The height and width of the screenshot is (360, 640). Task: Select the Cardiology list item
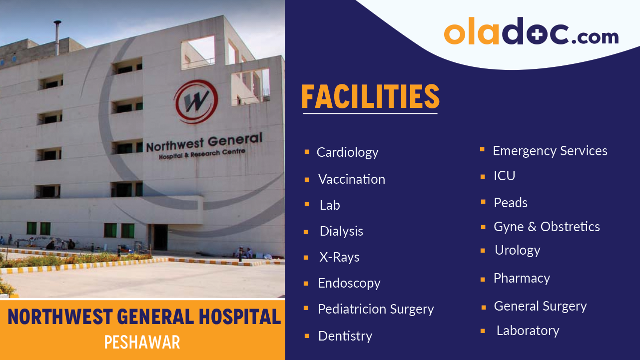pyautogui.click(x=347, y=152)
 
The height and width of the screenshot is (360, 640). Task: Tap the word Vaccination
pyautogui.click(x=352, y=179)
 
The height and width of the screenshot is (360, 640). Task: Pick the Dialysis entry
pyautogui.click(x=341, y=231)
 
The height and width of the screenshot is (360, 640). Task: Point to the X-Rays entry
pyautogui.click(x=339, y=257)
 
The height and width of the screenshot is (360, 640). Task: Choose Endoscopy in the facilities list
pyautogui.click(x=349, y=283)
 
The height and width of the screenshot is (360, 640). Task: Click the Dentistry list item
pyautogui.click(x=345, y=336)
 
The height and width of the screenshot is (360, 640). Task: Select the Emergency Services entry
pyautogui.click(x=550, y=151)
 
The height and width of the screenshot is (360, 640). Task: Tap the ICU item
pyautogui.click(x=505, y=176)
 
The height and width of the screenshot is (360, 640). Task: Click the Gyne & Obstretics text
pyautogui.click(x=547, y=227)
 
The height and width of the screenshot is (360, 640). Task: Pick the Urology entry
pyautogui.click(x=518, y=250)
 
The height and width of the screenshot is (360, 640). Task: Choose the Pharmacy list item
pyautogui.click(x=522, y=278)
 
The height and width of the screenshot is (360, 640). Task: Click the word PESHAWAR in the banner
pyautogui.click(x=142, y=342)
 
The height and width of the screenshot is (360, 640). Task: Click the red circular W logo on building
pyautogui.click(x=196, y=102)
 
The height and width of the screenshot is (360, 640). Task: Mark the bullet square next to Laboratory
pyautogui.click(x=483, y=331)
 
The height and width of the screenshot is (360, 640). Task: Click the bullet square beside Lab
pyautogui.click(x=307, y=205)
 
